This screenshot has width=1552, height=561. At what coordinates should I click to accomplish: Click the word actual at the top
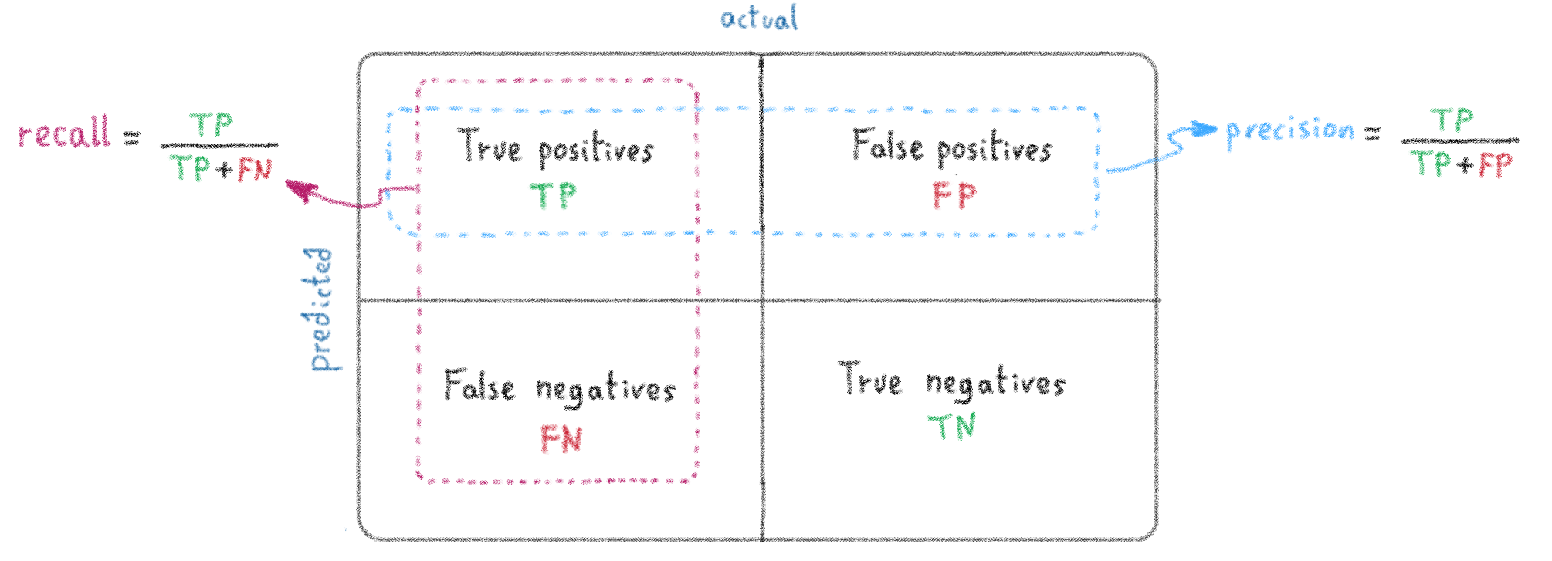760,18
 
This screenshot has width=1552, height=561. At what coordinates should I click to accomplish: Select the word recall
65,133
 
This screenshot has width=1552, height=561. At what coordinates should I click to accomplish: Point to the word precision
1290,131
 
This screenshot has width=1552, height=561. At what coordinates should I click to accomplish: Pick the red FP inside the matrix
954,195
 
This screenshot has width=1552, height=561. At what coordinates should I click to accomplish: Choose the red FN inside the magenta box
561,440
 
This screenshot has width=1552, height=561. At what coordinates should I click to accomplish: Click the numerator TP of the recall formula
211,124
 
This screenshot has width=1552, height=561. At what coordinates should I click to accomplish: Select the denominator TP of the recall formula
189,167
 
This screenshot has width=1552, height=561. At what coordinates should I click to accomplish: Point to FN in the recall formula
255,170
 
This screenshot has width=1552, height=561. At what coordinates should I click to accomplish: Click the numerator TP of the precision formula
1452,120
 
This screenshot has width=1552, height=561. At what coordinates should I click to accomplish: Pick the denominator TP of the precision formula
1429,164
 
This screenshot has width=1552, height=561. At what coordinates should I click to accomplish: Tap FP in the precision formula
1496,165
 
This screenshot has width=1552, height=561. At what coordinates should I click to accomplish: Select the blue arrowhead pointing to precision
1205,130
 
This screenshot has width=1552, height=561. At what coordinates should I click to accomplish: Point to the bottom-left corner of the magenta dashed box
421,478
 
